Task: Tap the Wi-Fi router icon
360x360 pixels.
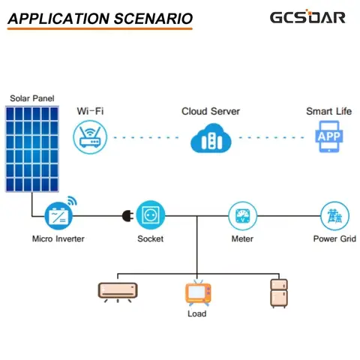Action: coord(89,138)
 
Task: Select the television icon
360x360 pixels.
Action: coord(196,292)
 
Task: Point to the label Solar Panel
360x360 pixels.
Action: coord(31,98)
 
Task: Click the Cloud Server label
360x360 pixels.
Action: coord(211,111)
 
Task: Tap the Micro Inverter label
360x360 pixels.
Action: coord(58,239)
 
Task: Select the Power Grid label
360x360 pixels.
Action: coord(334,239)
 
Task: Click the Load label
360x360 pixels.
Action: coord(196,313)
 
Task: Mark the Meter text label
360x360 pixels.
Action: coord(242,239)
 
